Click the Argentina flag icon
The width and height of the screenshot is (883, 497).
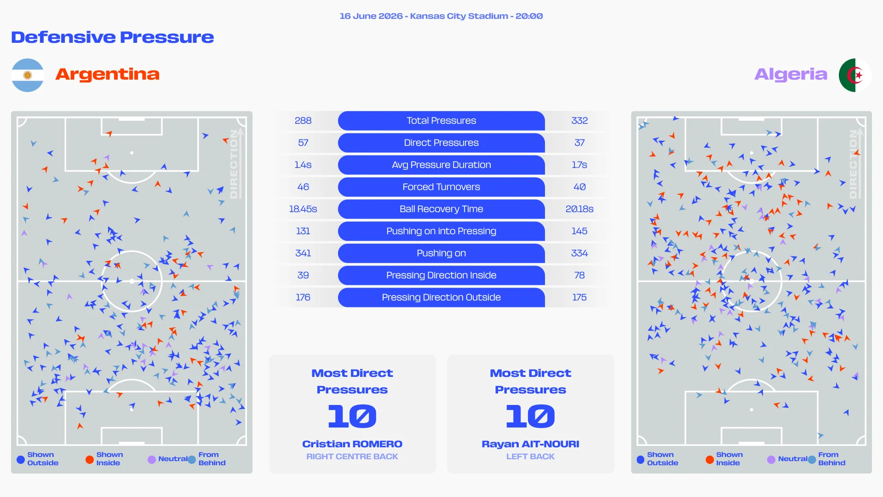[x=28, y=75]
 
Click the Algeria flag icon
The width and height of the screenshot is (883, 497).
[x=855, y=75]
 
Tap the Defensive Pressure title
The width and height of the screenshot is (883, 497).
[x=113, y=37]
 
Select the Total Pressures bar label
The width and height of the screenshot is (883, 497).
[x=441, y=121]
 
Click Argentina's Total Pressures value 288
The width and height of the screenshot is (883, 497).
[x=303, y=121]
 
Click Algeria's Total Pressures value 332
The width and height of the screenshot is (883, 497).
[x=579, y=121]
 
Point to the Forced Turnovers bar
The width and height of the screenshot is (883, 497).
[x=441, y=187]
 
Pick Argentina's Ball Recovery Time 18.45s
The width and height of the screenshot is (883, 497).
[x=303, y=209]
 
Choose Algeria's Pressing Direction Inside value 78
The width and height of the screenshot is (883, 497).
[x=579, y=275]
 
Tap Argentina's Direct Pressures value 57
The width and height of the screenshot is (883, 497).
[x=303, y=143]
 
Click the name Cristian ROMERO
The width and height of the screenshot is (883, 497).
[x=352, y=444]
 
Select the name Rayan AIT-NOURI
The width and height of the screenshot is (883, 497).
[x=530, y=444]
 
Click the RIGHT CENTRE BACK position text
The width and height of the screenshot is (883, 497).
[x=352, y=457]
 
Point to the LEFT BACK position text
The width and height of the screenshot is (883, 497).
[x=530, y=457]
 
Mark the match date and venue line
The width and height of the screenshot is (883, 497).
[x=441, y=16]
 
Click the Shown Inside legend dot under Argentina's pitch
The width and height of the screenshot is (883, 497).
[x=90, y=459]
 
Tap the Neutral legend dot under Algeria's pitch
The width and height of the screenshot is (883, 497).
[x=771, y=459]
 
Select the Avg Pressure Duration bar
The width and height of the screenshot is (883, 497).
[x=441, y=165]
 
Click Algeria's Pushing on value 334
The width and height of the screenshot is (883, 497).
[x=579, y=253]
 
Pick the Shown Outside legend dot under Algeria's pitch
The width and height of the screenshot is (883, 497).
[x=641, y=459]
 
